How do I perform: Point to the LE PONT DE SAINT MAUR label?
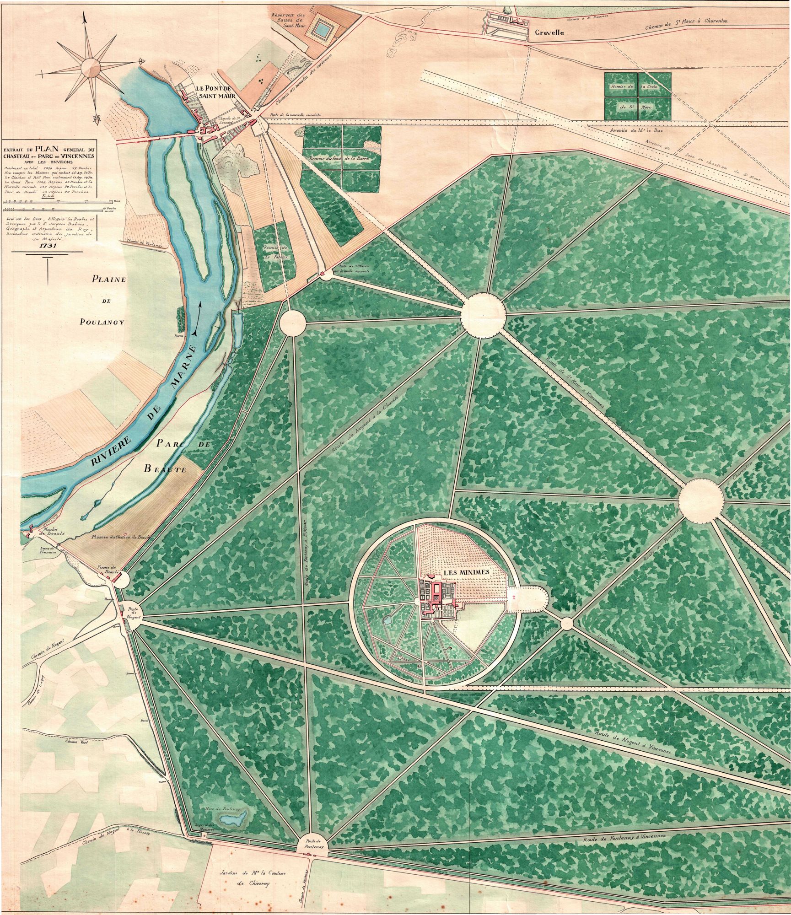click(x=215, y=92)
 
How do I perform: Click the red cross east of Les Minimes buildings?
click(x=514, y=598)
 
